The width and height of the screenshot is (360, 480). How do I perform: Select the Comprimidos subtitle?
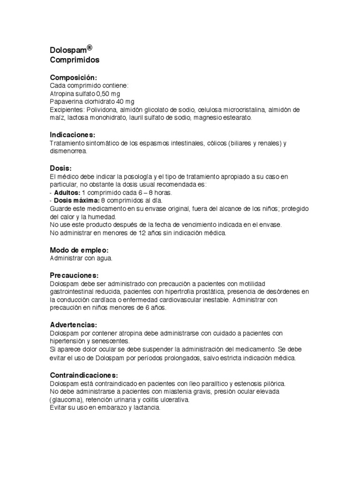tap(75, 60)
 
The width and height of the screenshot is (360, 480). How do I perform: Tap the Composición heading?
tap(74, 77)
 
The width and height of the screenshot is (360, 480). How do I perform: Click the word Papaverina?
tap(67, 101)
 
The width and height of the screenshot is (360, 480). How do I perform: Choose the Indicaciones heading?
tap(73, 135)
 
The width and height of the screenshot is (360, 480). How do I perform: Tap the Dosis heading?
tap(60, 168)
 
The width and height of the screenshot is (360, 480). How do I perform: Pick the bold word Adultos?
tap(67, 193)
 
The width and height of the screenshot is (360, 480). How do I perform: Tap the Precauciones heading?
tap(75, 275)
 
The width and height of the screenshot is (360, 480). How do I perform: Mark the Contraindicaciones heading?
tap(84, 375)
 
